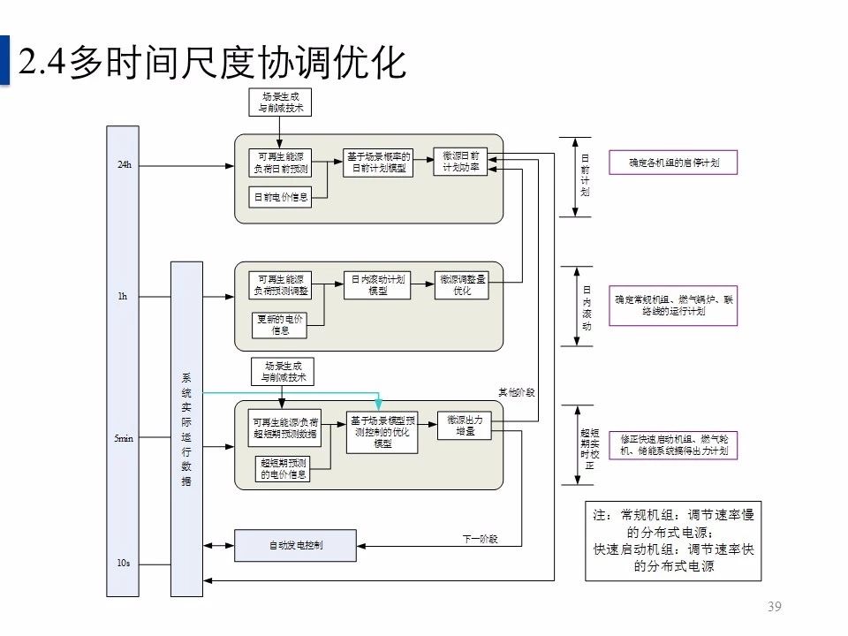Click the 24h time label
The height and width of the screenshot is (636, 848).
pos(125,164)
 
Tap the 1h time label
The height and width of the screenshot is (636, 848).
pos(123,297)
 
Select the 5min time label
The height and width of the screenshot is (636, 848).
pos(125,439)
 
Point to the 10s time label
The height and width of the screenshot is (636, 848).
pos(124,563)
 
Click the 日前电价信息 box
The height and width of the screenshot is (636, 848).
pos(281,197)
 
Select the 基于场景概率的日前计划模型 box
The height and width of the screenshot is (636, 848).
pos(379,162)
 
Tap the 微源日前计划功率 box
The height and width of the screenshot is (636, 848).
pos(460,161)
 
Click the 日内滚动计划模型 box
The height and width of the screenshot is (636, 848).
pos(378,285)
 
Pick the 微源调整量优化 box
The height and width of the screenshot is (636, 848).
pos(463,284)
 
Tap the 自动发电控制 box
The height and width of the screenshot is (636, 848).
pos(296,545)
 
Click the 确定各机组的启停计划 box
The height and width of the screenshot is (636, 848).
pos(673,163)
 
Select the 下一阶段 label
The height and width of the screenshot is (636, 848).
pos(481,538)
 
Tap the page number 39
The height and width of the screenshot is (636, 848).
pos(775,606)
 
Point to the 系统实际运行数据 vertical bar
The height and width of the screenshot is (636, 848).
pos(186,428)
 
